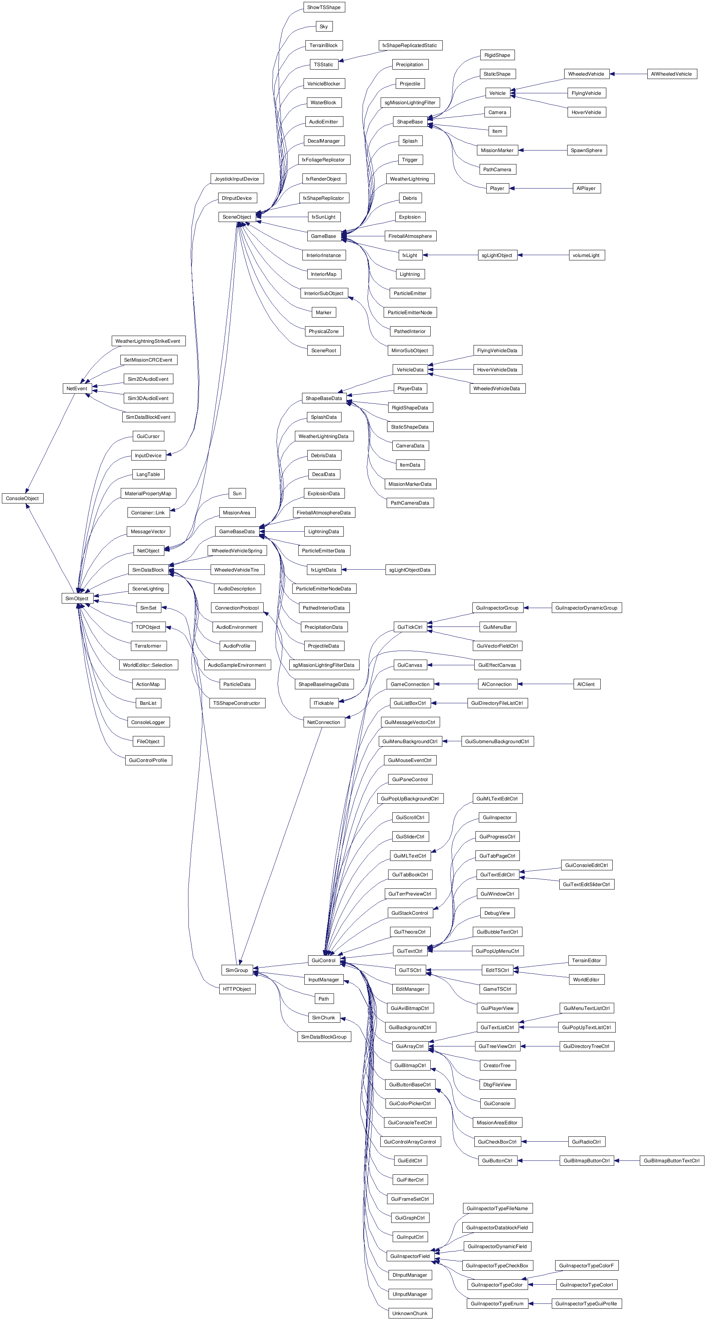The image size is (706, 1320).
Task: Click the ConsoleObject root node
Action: [23, 498]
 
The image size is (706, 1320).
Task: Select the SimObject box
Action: [77, 598]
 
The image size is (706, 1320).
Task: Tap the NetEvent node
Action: [77, 388]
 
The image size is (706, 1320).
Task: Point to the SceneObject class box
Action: [237, 217]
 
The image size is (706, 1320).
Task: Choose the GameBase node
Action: [323, 236]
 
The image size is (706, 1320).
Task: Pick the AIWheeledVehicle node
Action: [671, 74]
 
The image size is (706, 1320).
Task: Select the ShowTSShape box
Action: [323, 7]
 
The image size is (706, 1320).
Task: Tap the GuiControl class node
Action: [323, 960]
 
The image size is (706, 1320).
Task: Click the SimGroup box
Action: [237, 970]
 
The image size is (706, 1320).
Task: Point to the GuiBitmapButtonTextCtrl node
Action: [671, 1160]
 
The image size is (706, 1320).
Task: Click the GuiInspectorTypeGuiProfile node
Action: [586, 1303]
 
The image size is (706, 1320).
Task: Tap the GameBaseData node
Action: [237, 531]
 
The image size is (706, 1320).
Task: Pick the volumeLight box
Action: [586, 255]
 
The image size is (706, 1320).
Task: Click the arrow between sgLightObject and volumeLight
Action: [543, 255]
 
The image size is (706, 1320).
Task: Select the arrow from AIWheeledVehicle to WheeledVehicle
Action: [628, 74]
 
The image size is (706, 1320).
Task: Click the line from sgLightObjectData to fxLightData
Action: [363, 570]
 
